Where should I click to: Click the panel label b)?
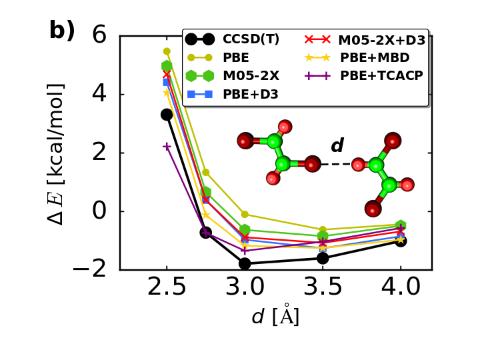pyautogui.click(x=62, y=31)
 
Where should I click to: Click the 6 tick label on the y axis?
pyautogui.click(x=99, y=35)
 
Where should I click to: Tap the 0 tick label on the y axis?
pyautogui.click(x=99, y=211)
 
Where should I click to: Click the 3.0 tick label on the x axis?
pyautogui.click(x=245, y=287)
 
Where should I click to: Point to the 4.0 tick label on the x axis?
pyautogui.click(x=401, y=287)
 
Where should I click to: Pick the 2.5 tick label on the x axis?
pyautogui.click(x=167, y=287)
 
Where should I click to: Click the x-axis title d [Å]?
pyautogui.click(x=275, y=316)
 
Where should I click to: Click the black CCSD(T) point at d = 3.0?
pyautogui.click(x=245, y=263)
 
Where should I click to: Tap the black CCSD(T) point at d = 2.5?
pyautogui.click(x=167, y=115)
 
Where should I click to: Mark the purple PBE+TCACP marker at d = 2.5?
pyautogui.click(x=167, y=146)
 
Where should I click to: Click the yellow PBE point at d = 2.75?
pyautogui.click(x=206, y=172)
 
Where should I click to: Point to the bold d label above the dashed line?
pyautogui.click(x=337, y=146)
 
